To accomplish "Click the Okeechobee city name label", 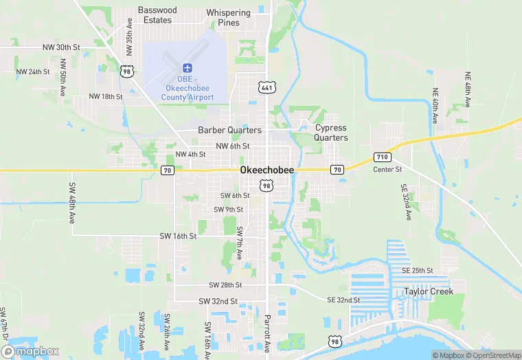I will point(267,170).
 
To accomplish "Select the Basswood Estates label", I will point(157,15).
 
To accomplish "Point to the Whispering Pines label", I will point(228,18).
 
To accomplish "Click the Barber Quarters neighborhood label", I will point(229,130).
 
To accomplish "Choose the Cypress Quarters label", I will point(331,133).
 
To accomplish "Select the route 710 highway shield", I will point(383,157).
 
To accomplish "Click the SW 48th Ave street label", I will point(71,203).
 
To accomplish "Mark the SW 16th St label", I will point(178,236).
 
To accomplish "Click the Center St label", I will point(387,169).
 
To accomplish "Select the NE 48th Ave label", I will point(468,89).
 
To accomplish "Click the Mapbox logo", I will point(30,351).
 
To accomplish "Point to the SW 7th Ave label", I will point(239,243).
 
